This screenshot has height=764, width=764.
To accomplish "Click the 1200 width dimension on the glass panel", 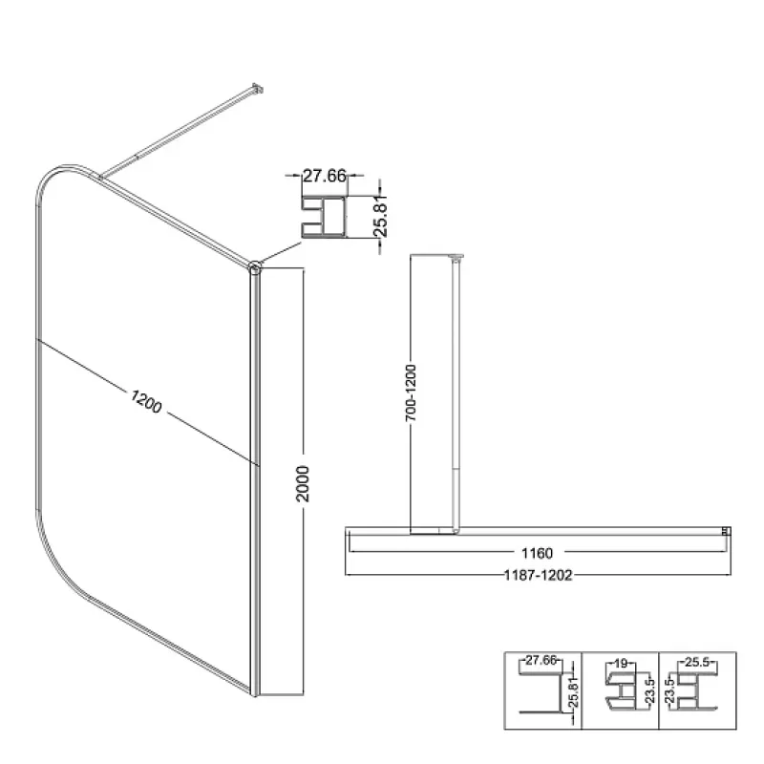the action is tap(146, 401).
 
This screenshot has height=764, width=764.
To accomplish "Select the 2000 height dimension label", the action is tap(303, 484).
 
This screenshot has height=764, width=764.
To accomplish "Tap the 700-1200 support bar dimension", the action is tap(412, 393).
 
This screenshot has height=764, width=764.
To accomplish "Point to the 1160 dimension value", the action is tap(537, 553).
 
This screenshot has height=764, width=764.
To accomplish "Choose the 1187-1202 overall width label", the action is tap(538, 576).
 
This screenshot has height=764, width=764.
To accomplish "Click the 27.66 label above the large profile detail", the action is tap(325, 176).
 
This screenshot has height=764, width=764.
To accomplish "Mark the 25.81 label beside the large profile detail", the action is tap(380, 216).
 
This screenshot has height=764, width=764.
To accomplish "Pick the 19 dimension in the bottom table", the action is tap(621, 663).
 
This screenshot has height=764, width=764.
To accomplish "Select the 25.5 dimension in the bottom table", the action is tap(697, 662).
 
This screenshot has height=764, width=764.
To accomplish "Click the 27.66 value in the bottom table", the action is tap(541, 660).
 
